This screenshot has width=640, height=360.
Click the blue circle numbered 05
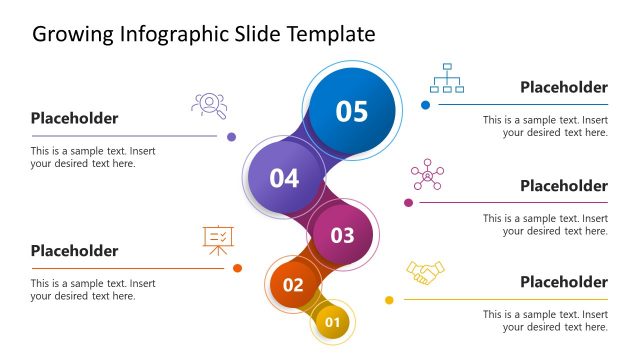351,110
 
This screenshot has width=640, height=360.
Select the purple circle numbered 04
284,178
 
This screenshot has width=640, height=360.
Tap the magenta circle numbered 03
343,235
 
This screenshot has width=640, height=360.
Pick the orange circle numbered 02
293,284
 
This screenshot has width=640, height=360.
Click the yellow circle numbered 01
333,322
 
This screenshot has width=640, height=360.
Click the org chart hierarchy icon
446,78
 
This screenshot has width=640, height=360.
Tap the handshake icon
425,272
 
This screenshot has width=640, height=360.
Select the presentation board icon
218,239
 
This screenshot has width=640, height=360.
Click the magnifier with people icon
208,104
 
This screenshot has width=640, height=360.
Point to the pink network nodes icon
428,174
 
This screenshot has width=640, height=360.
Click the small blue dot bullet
425,104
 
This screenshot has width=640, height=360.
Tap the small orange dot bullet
237,268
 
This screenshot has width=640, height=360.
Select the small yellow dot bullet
389,299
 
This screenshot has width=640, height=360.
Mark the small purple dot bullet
231,136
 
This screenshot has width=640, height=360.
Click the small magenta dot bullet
408,202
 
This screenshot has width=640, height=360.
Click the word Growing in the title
71,35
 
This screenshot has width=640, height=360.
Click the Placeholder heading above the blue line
563,88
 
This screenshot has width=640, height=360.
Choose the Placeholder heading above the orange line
74,251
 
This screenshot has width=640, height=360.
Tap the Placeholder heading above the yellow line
563,282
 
